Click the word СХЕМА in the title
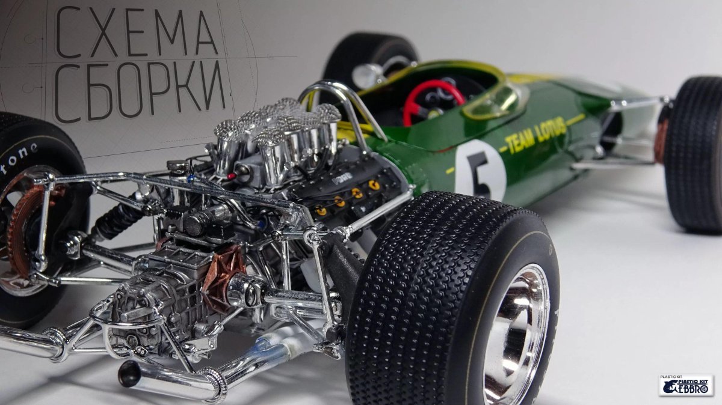pyautogui.click(x=136, y=32)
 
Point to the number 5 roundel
pyautogui.click(x=480, y=170)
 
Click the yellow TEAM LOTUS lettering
pyautogui.click(x=535, y=135)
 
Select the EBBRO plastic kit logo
pyautogui.click(x=685, y=385)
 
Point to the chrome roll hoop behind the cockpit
pyautogui.click(x=337, y=102)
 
